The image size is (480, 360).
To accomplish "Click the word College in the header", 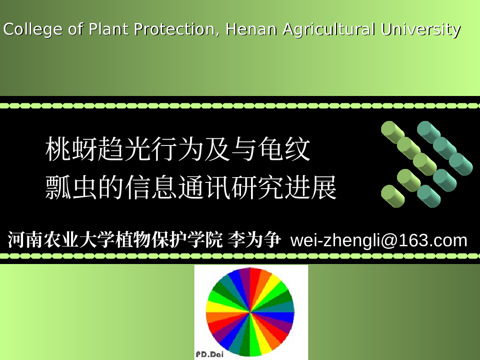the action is point(33,30).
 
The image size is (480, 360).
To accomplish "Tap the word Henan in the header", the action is point(251,29).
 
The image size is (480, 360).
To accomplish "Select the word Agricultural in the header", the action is point(329,30).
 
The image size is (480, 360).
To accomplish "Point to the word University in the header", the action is point(420,30).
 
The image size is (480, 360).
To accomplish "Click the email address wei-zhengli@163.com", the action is point(379,240).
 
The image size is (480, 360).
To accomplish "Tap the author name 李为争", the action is point(254,240).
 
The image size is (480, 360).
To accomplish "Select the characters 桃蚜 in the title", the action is point(72,149).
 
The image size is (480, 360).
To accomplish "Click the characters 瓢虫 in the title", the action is point(72,187).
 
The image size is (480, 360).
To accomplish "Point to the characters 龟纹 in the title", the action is point(284,149).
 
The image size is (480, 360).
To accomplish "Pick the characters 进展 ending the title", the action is point(311,187).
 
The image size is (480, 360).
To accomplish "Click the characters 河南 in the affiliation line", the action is point(25,240).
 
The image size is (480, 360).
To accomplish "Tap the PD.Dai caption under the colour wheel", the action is point(210,355).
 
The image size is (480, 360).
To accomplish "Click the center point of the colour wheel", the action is point(250,312).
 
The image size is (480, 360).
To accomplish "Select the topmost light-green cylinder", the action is point(393,132).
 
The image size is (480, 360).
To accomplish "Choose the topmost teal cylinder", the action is point(429,132).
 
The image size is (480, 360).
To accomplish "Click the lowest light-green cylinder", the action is point(393,196).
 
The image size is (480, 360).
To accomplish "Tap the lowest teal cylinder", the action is point(429,196).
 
